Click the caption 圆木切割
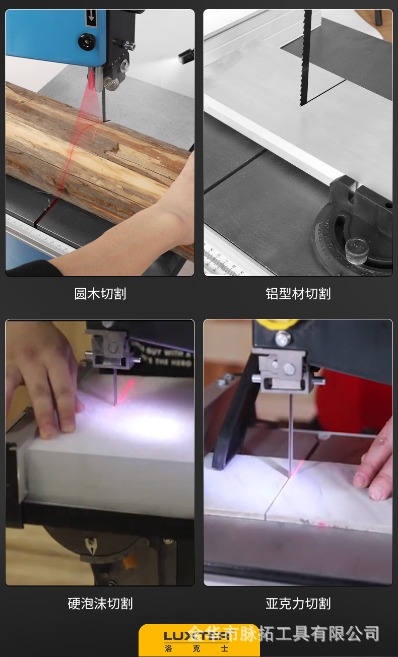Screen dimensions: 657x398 point(100,294)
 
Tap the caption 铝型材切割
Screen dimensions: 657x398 point(298,294)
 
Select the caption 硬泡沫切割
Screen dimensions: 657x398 point(100,603)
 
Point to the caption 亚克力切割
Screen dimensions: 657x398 point(298,603)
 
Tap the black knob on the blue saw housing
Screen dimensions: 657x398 point(87,41)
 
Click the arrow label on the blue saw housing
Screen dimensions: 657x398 point(91,18)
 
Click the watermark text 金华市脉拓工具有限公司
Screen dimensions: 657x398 point(297,633)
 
